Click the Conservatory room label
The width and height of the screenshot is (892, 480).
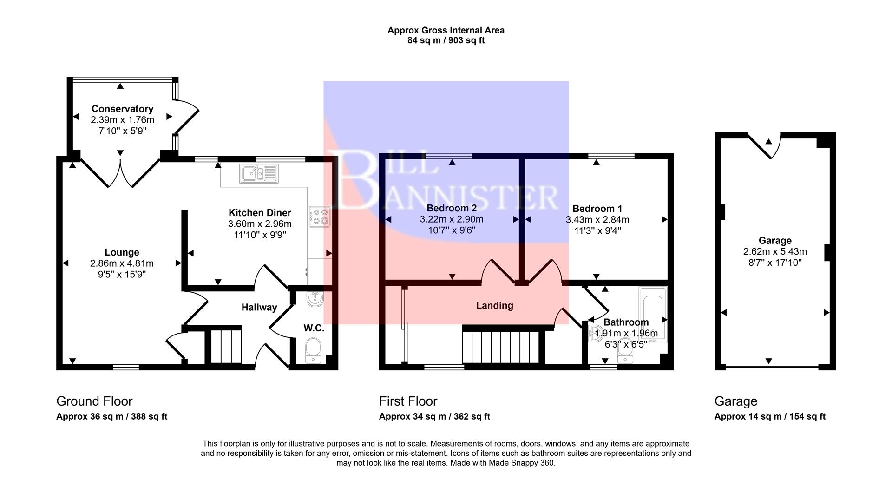coord(122,109)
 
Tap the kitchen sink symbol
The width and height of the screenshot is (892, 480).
coord(259,174)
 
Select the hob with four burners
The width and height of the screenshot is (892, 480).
coord(320,217)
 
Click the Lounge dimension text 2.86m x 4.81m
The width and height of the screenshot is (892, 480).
coord(122,263)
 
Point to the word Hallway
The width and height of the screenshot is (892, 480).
coord(259,307)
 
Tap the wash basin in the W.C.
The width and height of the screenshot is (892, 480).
coord(315,299)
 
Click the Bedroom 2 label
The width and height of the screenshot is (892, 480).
coord(452,208)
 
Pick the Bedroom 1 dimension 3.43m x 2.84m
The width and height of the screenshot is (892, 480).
coord(597,220)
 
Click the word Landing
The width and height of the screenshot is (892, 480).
coord(494,305)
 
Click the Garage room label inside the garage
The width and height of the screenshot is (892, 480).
coord(774,240)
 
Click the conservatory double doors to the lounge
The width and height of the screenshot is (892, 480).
coord(120,173)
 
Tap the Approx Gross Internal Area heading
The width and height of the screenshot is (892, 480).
coord(446,31)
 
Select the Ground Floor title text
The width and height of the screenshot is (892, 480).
coord(94,401)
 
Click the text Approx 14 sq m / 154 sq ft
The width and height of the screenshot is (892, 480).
coord(769,416)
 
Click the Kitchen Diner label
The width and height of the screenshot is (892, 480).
coord(260,213)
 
